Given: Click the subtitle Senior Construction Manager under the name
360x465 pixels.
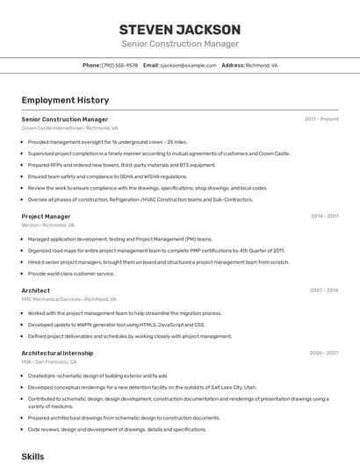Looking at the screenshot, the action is tap(180, 44).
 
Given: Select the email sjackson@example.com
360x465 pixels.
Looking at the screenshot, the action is tap(188, 65).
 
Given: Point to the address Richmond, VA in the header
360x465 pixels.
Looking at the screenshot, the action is tap(262, 65).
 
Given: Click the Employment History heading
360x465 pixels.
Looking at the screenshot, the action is tap(65, 100).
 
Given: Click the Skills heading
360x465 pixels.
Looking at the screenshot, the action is tap(32, 456).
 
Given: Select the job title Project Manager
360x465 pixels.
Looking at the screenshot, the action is tap(46, 216).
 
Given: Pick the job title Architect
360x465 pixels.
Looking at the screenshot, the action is tap(36, 290).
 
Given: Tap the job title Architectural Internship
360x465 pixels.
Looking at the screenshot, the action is tap(57, 353).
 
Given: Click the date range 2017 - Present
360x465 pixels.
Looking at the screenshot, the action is tap(321, 118).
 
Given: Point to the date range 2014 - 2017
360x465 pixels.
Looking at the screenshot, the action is tap(324, 216).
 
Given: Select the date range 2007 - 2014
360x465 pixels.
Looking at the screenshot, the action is tap(324, 290).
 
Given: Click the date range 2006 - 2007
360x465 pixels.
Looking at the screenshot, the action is tap(323, 353).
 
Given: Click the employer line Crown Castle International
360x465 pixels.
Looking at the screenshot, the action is tap(69, 127).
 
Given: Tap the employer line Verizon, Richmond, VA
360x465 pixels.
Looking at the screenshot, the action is tap(48, 225).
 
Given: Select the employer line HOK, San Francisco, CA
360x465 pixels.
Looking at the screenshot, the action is tap(49, 361).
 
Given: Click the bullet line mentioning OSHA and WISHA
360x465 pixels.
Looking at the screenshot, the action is tap(107, 175).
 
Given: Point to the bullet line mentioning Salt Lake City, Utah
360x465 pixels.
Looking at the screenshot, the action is tap(142, 386).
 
